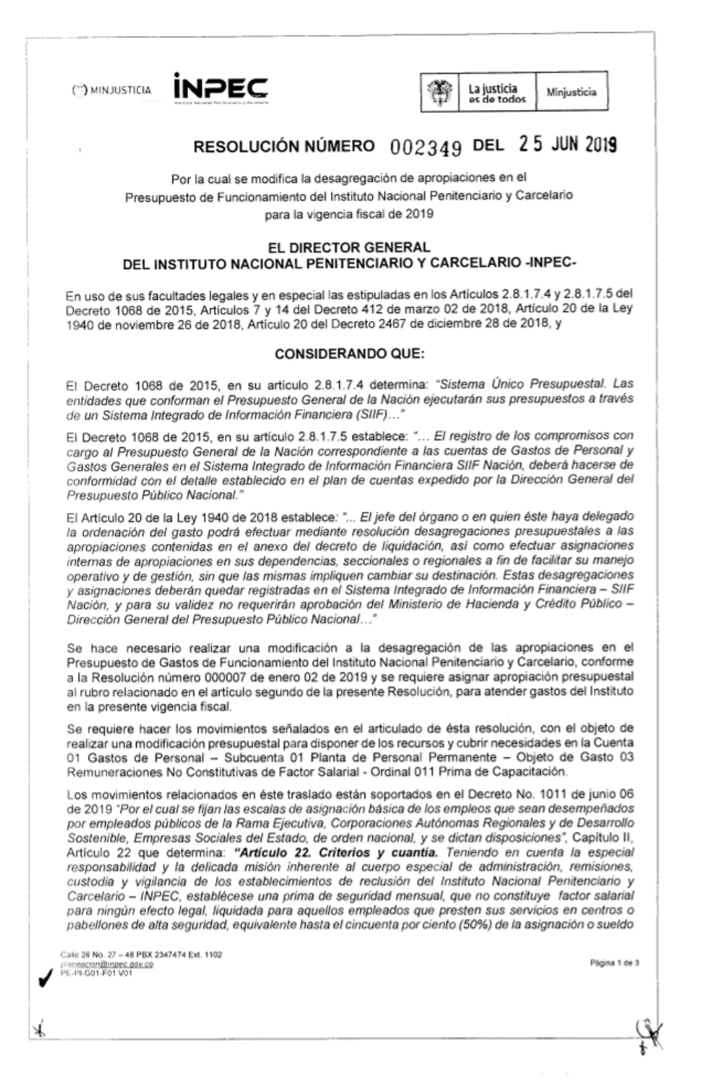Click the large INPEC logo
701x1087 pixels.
219,89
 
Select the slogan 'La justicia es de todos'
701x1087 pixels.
498,93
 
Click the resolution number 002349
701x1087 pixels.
425,148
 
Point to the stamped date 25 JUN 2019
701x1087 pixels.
568,145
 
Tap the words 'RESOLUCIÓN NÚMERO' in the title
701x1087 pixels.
284,147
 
